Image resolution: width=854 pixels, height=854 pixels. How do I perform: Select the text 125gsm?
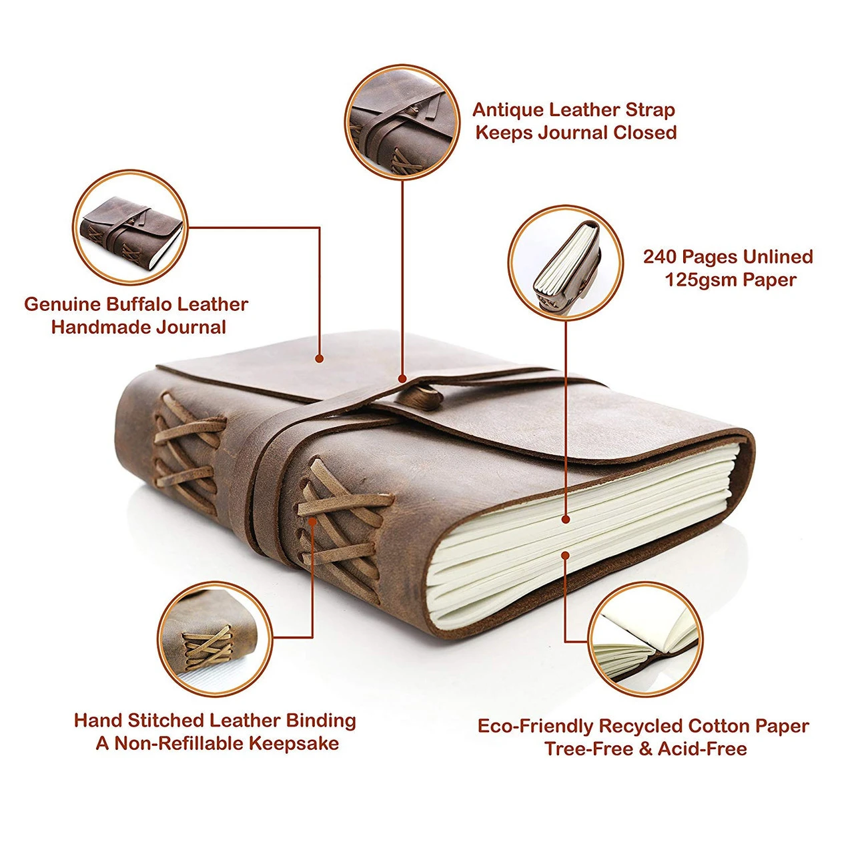701,280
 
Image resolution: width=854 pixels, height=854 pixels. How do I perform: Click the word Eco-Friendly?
535,726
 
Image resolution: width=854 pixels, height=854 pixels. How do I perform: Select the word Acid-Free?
702,749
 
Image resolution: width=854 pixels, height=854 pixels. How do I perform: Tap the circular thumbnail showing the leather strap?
402,121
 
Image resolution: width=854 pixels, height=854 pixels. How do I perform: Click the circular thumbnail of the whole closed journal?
129,228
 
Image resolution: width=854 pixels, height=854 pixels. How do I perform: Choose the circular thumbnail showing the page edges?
565,262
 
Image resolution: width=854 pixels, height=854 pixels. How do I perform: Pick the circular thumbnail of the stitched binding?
215,638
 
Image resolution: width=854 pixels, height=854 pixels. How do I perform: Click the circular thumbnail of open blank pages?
645,639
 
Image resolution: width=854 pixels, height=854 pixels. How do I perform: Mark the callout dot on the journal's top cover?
320,359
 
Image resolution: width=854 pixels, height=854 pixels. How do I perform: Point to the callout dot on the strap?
402,378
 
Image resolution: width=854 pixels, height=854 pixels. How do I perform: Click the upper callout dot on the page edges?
566,518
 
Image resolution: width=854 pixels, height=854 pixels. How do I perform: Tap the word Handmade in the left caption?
138,327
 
